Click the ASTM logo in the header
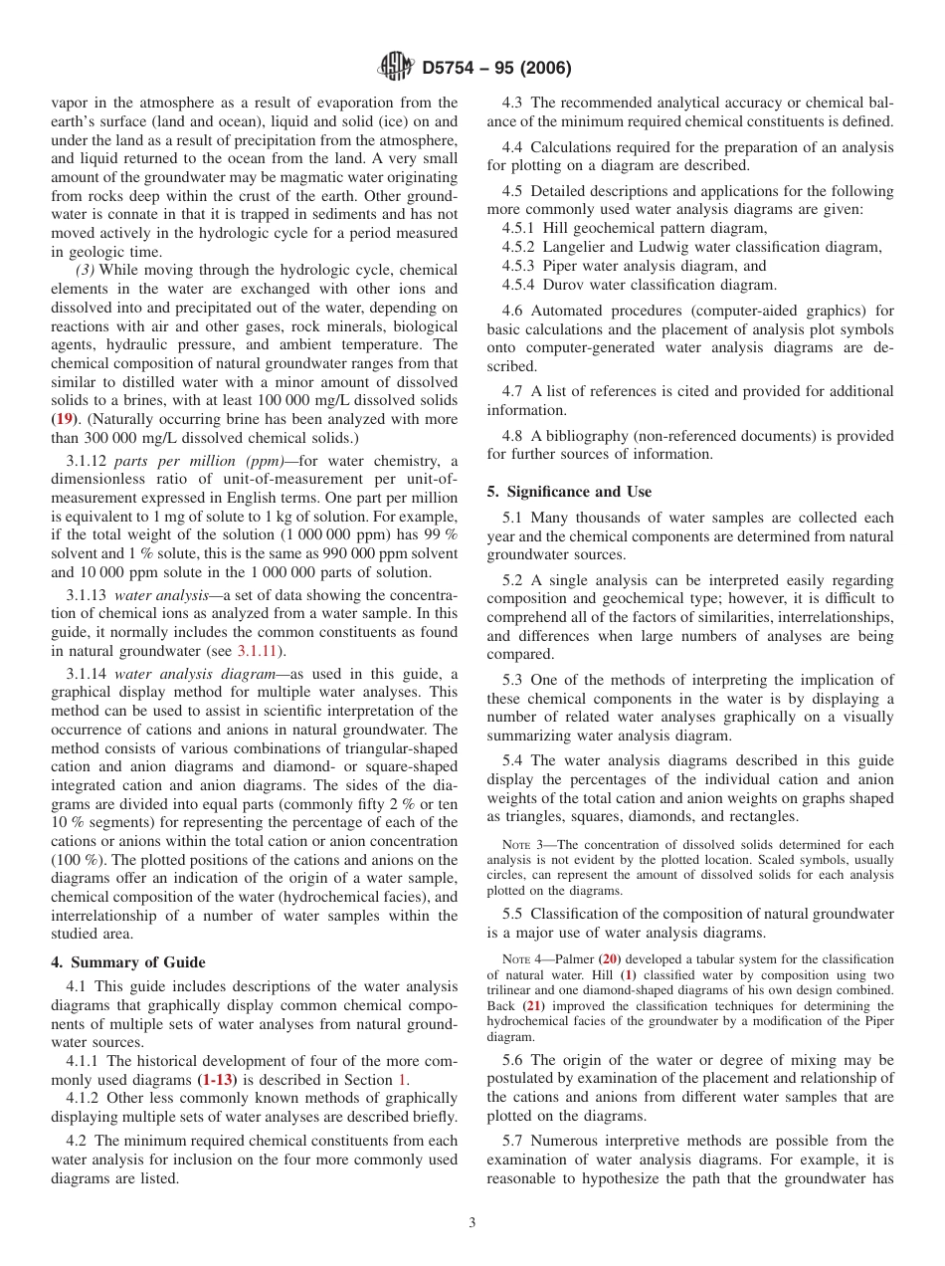[x=397, y=69]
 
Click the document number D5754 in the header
[x=454, y=69]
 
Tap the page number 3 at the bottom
[x=472, y=1223]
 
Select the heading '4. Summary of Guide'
[x=128, y=962]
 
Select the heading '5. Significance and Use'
[x=569, y=492]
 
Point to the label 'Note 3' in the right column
[x=521, y=844]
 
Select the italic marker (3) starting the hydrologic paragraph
[x=87, y=271]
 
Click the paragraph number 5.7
[x=513, y=1141]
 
